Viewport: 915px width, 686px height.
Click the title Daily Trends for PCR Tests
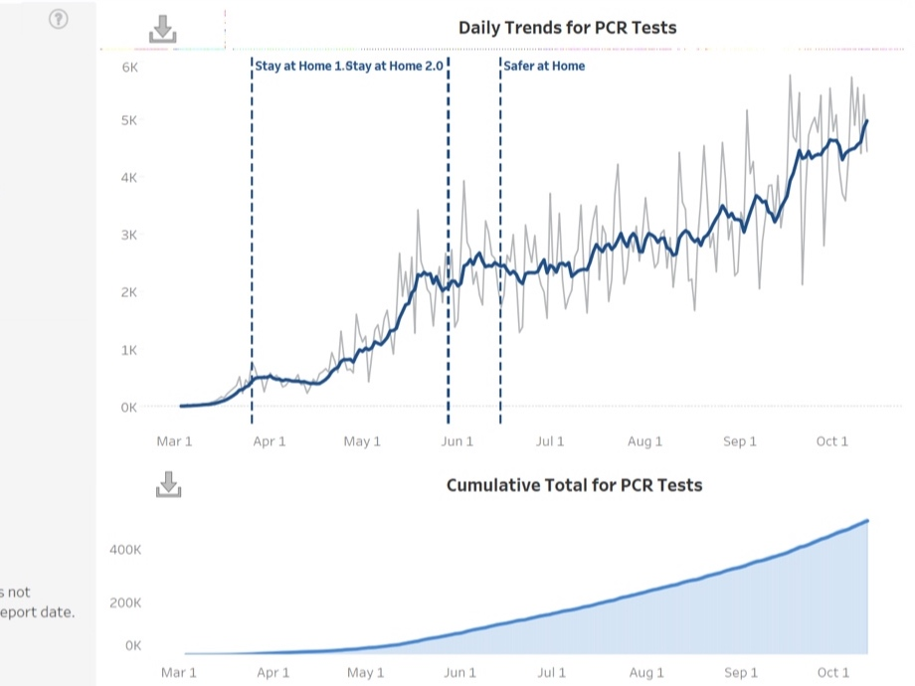pos(567,28)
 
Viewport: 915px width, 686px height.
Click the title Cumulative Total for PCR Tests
pos(574,485)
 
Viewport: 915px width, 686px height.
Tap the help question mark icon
pos(59,19)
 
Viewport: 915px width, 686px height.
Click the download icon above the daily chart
pos(162,31)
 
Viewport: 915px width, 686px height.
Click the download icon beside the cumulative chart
pos(169,484)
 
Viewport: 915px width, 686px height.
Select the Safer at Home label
pos(545,66)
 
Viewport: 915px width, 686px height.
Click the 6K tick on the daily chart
pos(129,67)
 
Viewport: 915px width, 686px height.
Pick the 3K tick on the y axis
pos(129,236)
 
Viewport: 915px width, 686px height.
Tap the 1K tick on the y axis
pos(129,350)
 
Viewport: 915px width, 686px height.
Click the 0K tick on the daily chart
pos(129,407)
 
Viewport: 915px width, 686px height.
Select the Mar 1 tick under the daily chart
pos(175,441)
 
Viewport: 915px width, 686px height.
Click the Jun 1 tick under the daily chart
pos(457,441)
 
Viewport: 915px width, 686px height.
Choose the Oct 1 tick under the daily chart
pos(831,441)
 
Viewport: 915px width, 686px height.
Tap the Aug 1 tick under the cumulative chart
pos(647,673)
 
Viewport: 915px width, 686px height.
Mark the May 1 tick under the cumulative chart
pos(365,673)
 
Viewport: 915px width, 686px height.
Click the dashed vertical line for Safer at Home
pos(500,249)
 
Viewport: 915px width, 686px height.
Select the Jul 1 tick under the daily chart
pos(550,441)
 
